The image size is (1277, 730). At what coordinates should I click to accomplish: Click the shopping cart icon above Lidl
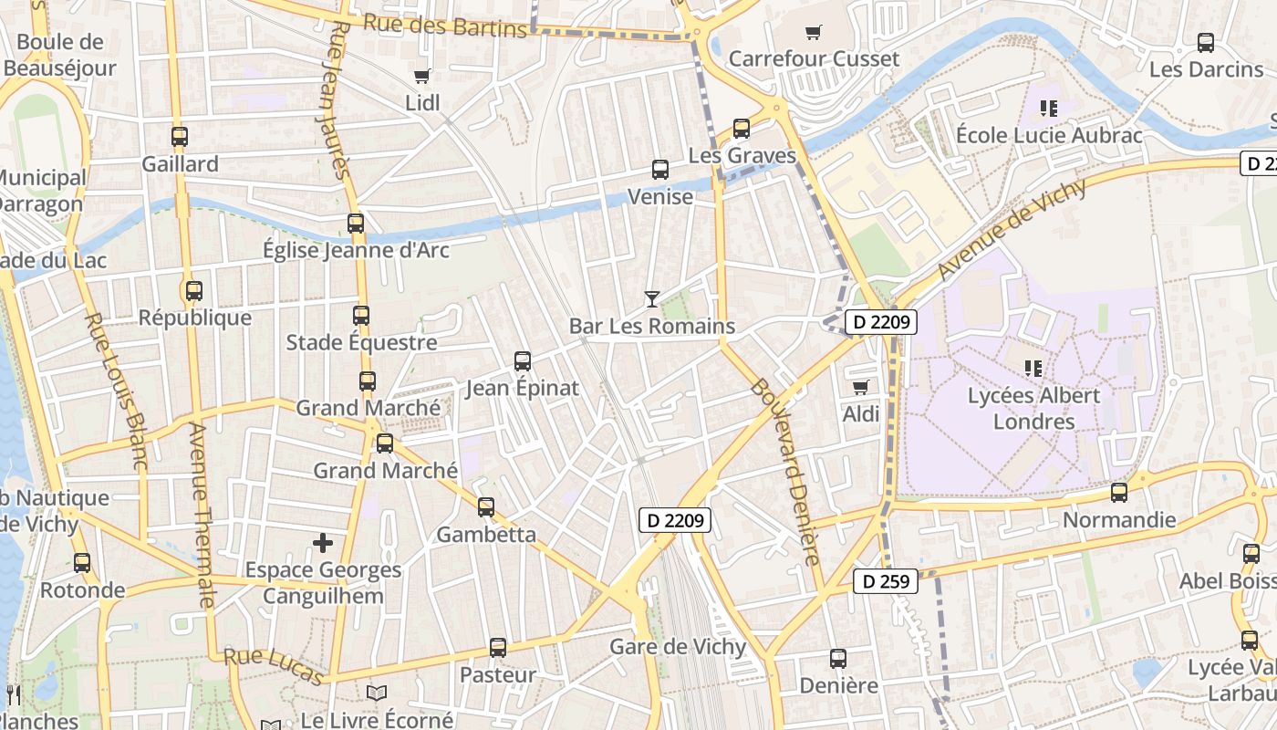[x=421, y=77]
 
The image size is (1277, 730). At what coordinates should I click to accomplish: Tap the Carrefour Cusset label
[x=814, y=58]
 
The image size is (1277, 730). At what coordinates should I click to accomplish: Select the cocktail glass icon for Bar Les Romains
[x=651, y=298]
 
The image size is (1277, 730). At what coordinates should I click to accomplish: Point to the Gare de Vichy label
[x=677, y=647]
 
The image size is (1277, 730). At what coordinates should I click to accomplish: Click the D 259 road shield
[x=886, y=581]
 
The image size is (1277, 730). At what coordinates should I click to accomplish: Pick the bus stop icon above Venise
[x=659, y=170]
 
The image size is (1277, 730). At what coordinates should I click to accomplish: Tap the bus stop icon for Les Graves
[x=742, y=129]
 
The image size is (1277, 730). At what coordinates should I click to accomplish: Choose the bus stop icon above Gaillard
[x=180, y=138]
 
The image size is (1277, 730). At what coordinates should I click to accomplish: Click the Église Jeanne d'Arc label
[x=356, y=249]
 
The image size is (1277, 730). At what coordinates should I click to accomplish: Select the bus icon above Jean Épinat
[x=523, y=361]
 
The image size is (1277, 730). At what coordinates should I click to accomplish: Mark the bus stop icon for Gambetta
[x=486, y=507]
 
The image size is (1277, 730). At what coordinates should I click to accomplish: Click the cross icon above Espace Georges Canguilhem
[x=323, y=544]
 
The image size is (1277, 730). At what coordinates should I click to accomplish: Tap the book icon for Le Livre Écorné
[x=377, y=693]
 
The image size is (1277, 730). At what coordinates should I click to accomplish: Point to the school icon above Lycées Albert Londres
[x=1033, y=369]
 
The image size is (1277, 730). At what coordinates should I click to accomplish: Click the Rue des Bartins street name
[x=445, y=25]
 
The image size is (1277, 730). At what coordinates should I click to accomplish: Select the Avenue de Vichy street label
[x=1012, y=229]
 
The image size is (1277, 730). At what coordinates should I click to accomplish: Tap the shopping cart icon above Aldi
[x=860, y=387]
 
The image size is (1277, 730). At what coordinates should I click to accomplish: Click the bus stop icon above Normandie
[x=1119, y=493]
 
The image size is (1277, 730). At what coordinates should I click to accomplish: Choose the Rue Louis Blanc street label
[x=115, y=391]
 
